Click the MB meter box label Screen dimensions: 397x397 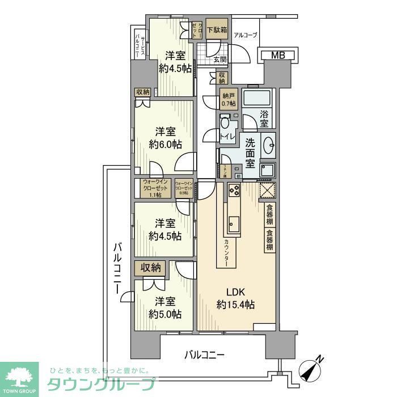pos(278,55)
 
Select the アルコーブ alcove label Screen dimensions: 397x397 pos(246,35)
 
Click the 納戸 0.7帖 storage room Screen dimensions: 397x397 pos(228,99)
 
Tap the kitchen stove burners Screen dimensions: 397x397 pos(234,191)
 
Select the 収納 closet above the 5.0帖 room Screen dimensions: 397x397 pos(150,267)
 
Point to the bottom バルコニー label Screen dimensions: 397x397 pos(205,356)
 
